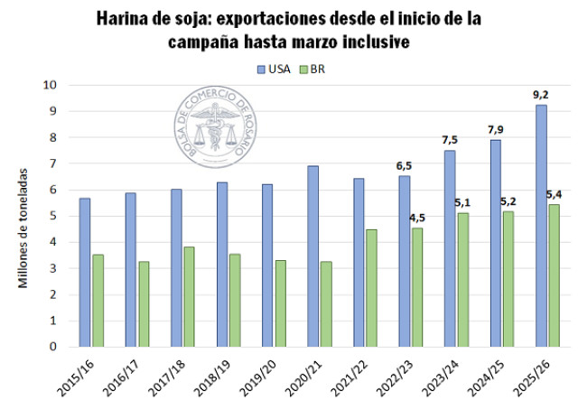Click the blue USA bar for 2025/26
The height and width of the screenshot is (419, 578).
click(541, 226)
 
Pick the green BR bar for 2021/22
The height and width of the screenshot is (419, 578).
click(372, 288)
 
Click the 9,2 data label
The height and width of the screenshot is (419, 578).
click(541, 94)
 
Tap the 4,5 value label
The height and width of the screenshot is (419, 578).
click(417, 217)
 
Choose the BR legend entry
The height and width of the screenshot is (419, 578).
click(312, 69)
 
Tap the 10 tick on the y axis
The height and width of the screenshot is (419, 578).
click(51, 85)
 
